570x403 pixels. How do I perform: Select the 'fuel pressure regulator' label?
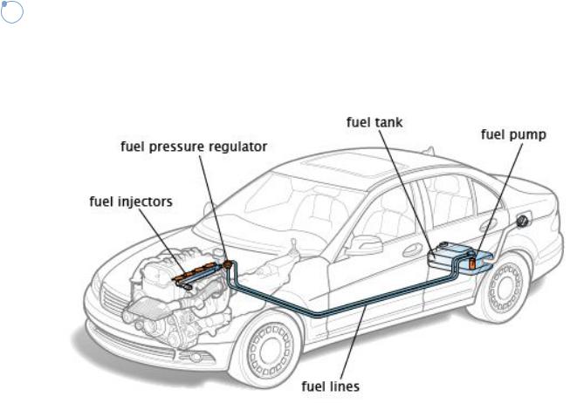193,147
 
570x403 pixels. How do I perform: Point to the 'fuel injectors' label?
132,201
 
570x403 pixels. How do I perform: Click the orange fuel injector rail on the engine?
200,269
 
